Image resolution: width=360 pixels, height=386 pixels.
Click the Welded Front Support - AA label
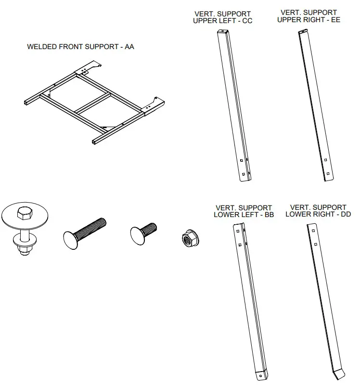point(80,47)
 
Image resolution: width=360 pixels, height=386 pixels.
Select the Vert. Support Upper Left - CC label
point(222,17)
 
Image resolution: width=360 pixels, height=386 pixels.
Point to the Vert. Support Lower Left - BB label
point(244,211)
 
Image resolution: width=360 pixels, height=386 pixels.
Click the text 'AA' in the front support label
point(129,47)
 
